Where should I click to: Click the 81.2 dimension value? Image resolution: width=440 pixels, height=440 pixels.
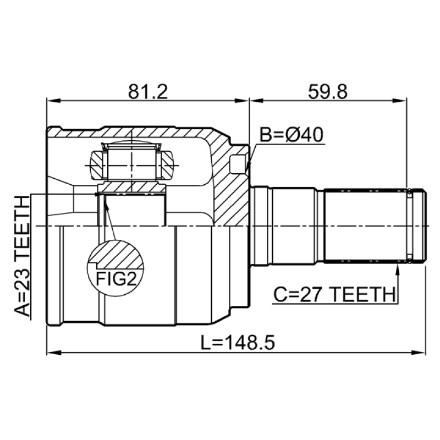click(148, 91)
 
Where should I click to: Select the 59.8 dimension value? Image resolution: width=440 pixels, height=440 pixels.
click(327, 91)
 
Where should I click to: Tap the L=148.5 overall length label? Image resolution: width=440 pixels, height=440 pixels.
click(238, 342)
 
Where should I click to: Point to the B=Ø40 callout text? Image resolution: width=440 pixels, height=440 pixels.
click(291, 134)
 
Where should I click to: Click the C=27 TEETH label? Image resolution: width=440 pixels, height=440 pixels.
click(334, 294)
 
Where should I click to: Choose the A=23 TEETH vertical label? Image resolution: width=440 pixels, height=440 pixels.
click(22, 256)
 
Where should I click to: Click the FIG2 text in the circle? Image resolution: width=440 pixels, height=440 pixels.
click(116, 279)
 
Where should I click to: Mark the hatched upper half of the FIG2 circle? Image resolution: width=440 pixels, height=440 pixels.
click(116, 254)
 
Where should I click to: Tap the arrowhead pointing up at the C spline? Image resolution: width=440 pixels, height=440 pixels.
click(397, 270)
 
